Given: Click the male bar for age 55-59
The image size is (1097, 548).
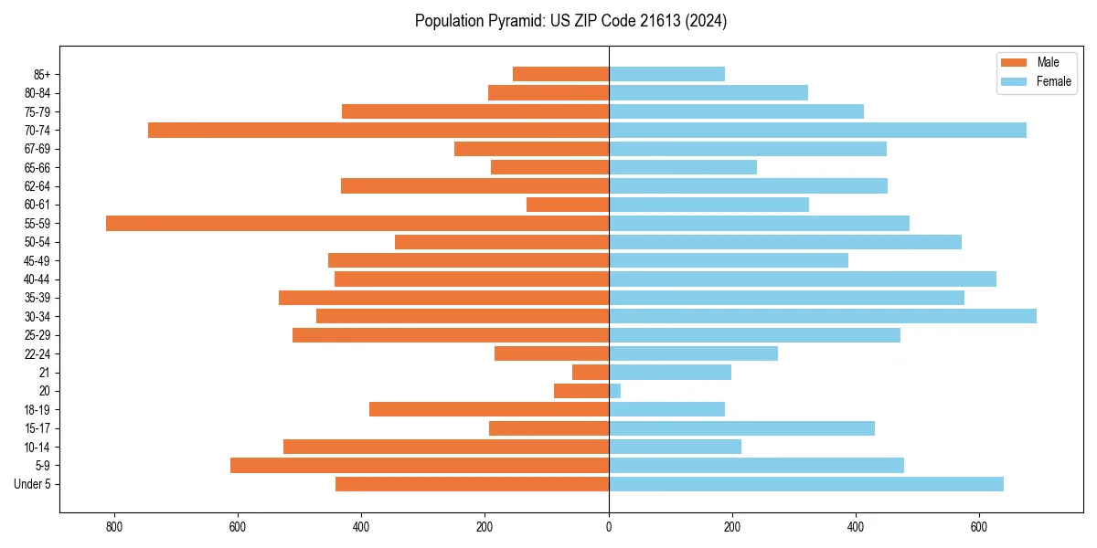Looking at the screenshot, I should (357, 223).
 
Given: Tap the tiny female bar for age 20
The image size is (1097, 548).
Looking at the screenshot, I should (615, 391).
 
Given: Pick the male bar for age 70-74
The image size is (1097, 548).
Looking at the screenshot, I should (378, 130).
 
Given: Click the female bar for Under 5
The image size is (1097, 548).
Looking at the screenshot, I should (806, 484).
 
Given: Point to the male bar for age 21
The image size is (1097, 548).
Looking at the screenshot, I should (591, 373).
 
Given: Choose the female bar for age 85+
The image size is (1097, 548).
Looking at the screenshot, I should (666, 74).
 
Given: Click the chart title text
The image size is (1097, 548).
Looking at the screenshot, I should (570, 21).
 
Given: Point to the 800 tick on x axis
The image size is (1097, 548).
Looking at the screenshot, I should (114, 527).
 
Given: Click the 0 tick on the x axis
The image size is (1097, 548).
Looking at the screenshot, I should (609, 527).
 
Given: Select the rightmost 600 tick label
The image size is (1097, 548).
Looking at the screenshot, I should (979, 527).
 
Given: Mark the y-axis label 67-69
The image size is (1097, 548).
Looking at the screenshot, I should (37, 149).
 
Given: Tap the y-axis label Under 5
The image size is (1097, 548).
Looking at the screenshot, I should (32, 484).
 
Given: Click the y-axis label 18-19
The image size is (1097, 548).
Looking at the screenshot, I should (37, 410).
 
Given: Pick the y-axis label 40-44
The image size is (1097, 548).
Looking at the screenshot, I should (37, 279).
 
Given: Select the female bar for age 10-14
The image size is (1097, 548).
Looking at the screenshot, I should (675, 447).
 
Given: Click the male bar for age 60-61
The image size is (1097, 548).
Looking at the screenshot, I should (568, 205).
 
